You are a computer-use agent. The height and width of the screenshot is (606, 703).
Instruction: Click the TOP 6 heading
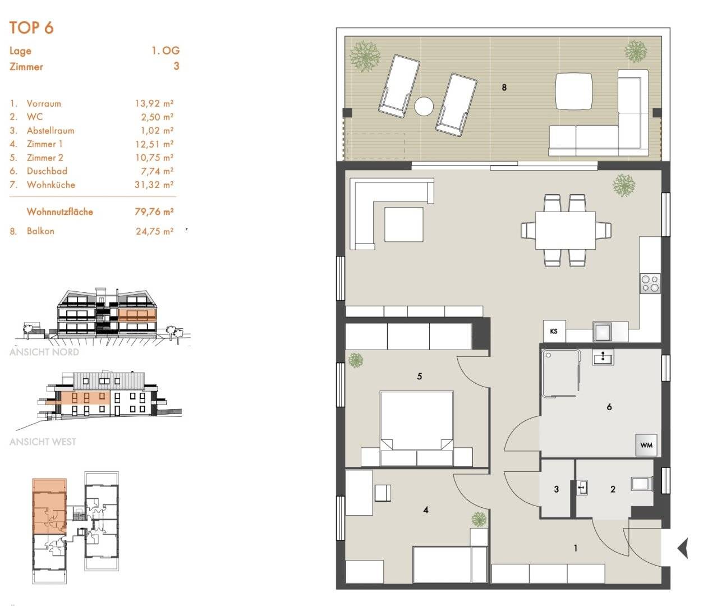[x=31, y=27]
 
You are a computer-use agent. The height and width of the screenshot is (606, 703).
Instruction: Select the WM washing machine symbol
[x=646, y=445]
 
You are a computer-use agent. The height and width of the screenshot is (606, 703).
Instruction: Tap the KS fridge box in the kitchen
[x=554, y=331]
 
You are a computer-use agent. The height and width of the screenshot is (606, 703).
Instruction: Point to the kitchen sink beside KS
[x=603, y=332]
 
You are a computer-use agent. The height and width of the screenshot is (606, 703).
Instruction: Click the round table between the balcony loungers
[x=424, y=107]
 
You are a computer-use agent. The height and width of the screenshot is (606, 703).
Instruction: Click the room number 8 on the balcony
[x=504, y=88]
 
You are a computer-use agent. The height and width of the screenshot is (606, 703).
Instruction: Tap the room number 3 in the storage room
[x=557, y=489]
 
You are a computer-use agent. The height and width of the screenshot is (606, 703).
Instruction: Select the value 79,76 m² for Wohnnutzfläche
[x=154, y=212]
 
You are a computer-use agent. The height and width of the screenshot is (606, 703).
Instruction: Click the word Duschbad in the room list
[x=47, y=171]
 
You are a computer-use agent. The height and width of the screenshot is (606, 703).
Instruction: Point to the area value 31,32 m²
[x=154, y=185]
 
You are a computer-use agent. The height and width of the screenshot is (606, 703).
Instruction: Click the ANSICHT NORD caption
[x=44, y=352]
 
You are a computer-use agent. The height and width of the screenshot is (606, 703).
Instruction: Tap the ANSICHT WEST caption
[x=43, y=442]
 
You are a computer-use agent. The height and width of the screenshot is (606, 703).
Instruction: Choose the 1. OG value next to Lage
[x=166, y=50]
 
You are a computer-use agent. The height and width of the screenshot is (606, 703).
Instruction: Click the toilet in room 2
[x=642, y=484]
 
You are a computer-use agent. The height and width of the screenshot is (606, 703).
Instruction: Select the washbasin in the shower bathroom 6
[x=603, y=357]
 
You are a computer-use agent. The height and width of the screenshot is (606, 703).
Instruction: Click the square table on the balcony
[x=574, y=91]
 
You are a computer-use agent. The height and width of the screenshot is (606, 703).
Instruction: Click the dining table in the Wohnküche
[x=566, y=231]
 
